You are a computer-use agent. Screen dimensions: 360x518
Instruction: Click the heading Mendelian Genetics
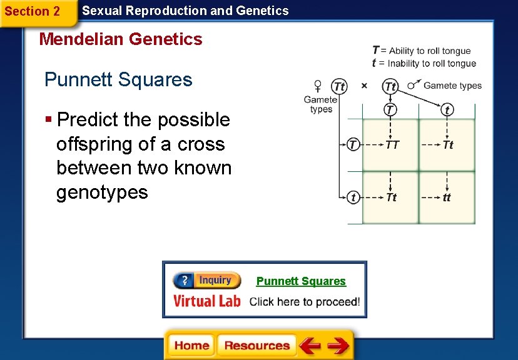(x=121, y=39)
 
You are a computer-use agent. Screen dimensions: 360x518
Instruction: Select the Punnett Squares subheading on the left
(x=118, y=80)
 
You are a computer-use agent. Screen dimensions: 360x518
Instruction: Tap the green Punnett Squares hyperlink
(x=301, y=281)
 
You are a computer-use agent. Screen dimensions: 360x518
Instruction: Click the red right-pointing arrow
(x=338, y=346)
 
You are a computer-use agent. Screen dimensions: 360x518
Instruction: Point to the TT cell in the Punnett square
(x=392, y=145)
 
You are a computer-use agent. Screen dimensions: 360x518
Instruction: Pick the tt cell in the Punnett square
(x=447, y=197)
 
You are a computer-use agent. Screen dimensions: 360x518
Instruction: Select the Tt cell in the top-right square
(x=448, y=145)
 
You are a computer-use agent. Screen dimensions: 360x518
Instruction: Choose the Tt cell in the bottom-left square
(x=392, y=197)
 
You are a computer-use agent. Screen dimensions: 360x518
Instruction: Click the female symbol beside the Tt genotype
(x=318, y=86)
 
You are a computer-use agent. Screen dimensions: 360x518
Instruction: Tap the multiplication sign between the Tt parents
(x=364, y=86)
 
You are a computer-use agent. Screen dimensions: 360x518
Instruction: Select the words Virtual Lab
(x=206, y=301)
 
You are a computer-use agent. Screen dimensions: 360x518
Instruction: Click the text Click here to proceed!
(x=305, y=302)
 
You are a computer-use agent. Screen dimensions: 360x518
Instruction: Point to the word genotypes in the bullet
(x=102, y=192)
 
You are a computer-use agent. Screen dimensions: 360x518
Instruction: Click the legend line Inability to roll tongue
(x=424, y=63)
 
